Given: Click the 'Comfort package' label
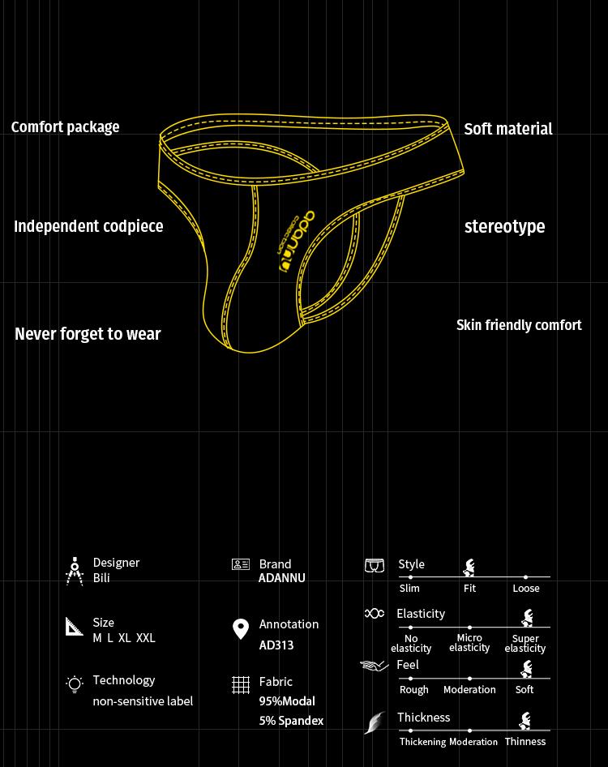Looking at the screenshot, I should pyautogui.click(x=65, y=127).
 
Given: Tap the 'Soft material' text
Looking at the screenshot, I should pyautogui.click(x=507, y=129).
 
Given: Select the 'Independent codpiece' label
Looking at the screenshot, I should pyautogui.click(x=88, y=227).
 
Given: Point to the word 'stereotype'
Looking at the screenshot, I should pyautogui.click(x=504, y=227).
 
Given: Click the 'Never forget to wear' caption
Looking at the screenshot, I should pyautogui.click(x=88, y=334).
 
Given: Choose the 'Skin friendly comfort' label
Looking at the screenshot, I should pyautogui.click(x=519, y=325).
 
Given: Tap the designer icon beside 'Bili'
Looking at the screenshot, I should pyautogui.click(x=75, y=571).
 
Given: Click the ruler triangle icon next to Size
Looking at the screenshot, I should pyautogui.click(x=75, y=626).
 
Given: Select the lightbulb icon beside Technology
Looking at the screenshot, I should pyautogui.click(x=75, y=683).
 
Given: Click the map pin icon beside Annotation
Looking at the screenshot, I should pyautogui.click(x=241, y=629).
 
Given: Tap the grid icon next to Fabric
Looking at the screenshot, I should pyautogui.click(x=241, y=685).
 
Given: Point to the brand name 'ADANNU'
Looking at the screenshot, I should pyautogui.click(x=282, y=579).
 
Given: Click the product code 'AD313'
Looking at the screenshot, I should pyautogui.click(x=276, y=645).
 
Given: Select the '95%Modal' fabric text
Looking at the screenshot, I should pyautogui.click(x=287, y=701).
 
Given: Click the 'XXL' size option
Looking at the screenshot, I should pyautogui.click(x=146, y=638).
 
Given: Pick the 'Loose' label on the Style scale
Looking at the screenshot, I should pyautogui.click(x=526, y=589).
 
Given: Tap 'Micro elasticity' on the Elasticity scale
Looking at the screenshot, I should pyautogui.click(x=469, y=643).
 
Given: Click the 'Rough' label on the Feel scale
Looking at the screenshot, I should pyautogui.click(x=414, y=690).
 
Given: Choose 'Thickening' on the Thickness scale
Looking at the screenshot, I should pyautogui.click(x=422, y=742).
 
